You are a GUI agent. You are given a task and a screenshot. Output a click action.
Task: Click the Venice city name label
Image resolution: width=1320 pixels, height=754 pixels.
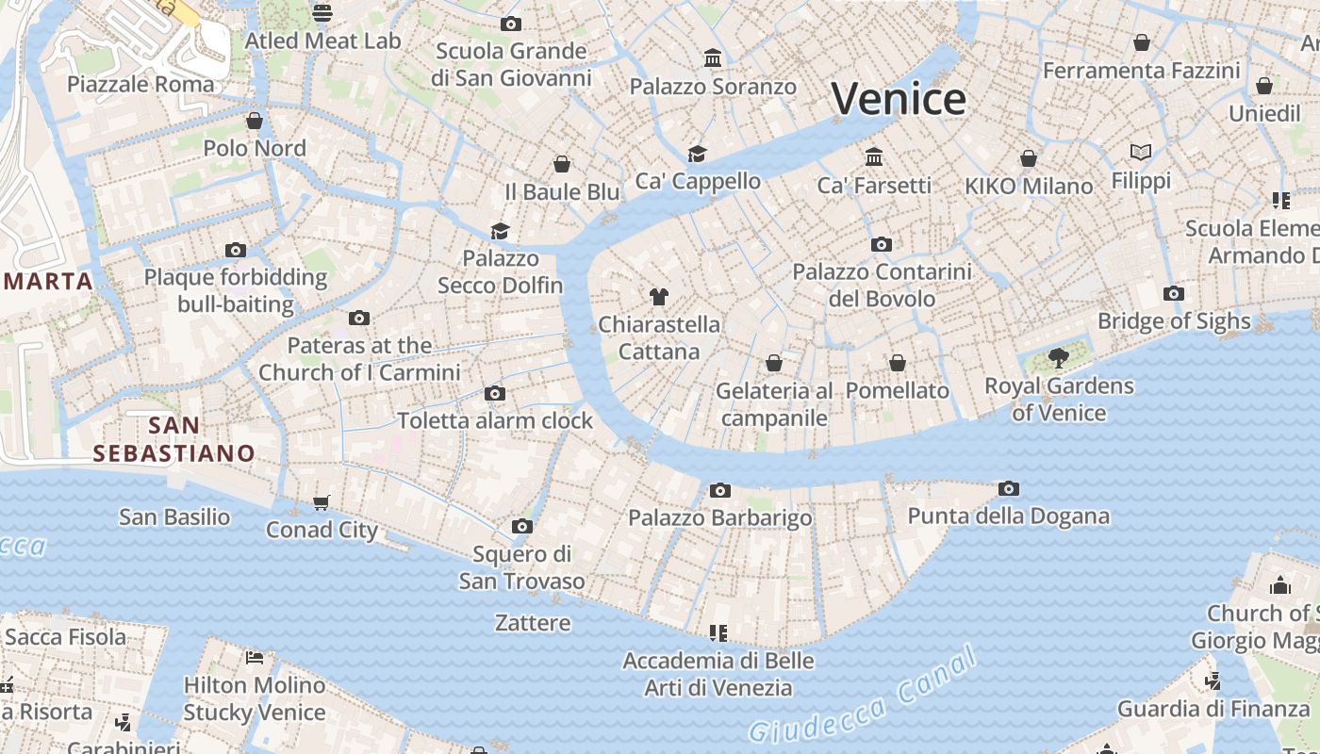[x=899, y=99]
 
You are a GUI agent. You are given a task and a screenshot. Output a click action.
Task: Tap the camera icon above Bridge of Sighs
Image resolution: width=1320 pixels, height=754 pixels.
[x=1174, y=294]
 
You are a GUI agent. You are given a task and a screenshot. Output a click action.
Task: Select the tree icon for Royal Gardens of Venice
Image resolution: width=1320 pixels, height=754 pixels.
[x=1058, y=357]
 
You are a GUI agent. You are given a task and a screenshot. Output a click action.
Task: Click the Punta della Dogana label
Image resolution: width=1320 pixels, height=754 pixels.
[x=1008, y=516]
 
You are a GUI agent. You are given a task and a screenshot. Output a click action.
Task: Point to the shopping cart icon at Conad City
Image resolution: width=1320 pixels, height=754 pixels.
[x=322, y=503]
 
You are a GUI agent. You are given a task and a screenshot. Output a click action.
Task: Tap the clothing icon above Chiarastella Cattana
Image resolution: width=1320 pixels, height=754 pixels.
[x=659, y=297]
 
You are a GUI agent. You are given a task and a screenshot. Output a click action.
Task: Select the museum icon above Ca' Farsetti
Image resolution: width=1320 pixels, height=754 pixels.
[x=874, y=156]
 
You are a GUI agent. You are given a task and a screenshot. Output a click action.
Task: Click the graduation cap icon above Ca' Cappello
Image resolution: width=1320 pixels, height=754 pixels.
[x=697, y=154]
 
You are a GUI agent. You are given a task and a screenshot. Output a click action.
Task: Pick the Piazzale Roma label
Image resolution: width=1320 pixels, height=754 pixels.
[x=140, y=85]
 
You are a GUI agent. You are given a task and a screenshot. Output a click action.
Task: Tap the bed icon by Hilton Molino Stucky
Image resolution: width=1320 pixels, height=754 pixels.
[x=254, y=657]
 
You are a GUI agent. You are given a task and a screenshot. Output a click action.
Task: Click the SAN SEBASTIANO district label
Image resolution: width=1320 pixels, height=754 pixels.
[x=174, y=439]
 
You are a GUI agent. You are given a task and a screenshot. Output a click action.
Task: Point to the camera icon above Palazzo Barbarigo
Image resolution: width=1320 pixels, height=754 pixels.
[x=720, y=490]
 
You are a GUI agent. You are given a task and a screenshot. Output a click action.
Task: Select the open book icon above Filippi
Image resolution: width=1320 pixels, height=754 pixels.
[x=1141, y=152]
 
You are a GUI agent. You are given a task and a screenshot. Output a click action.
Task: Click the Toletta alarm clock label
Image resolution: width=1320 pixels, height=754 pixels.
[x=495, y=421]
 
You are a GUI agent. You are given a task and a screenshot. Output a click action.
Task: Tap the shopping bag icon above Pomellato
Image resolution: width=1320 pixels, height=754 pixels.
[x=898, y=363]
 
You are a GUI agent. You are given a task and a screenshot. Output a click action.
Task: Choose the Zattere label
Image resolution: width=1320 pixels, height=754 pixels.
[x=533, y=623]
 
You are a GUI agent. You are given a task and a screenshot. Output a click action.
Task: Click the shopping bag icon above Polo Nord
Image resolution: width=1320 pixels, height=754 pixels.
[x=255, y=121]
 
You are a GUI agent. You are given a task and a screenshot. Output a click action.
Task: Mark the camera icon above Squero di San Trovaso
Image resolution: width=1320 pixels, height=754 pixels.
[x=522, y=526]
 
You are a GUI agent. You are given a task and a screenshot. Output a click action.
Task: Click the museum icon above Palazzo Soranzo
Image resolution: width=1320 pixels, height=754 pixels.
[x=713, y=59]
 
